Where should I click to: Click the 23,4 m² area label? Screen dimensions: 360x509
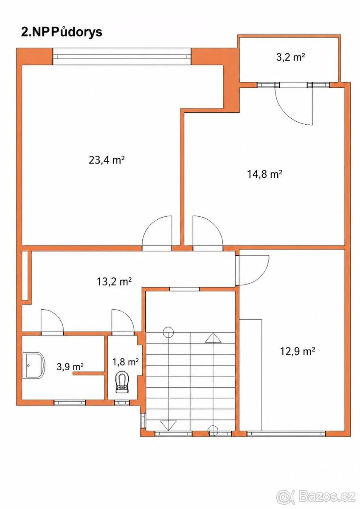tap(107, 160)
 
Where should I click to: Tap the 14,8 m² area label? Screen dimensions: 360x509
tap(265, 174)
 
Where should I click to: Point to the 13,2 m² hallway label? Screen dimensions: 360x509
tap(114, 282)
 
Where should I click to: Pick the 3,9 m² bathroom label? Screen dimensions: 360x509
tap(70, 366)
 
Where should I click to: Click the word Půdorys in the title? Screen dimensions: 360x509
tap(77, 33)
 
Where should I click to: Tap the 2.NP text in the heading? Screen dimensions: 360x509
tap(36, 33)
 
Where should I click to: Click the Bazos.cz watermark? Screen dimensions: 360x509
tap(327, 497)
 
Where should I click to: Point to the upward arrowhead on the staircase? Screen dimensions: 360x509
tap(213, 338)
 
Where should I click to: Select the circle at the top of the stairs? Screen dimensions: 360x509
tap(168, 332)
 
